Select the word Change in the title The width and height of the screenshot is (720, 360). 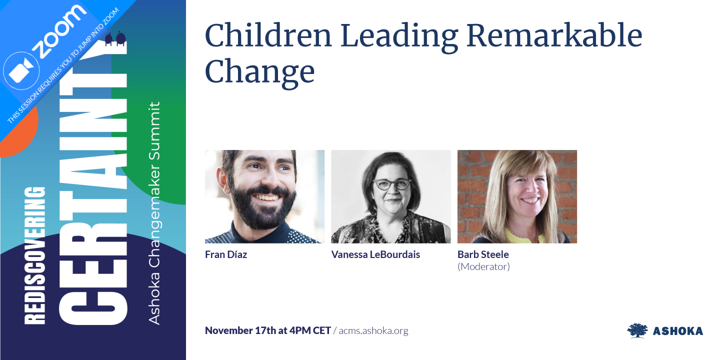259,71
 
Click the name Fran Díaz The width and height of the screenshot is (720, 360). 226,254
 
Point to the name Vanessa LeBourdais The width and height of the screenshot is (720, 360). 375,254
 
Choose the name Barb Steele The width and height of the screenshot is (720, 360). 483,254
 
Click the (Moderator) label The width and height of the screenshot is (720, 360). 483,266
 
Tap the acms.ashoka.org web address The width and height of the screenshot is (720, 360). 373,330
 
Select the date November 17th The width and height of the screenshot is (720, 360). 245,330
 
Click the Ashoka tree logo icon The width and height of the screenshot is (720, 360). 637,330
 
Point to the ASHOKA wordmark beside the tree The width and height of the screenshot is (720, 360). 678,331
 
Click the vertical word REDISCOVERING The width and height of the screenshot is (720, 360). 35,255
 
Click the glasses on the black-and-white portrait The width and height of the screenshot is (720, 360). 393,184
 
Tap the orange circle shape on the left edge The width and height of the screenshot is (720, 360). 15,135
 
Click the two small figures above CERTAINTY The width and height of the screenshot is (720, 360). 115,39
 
